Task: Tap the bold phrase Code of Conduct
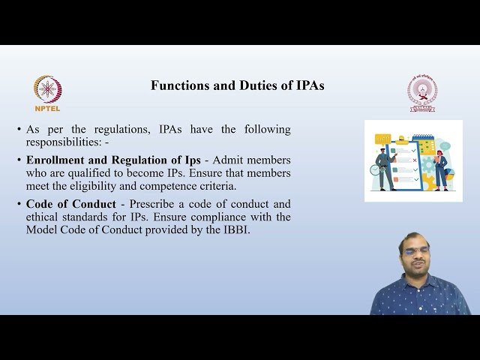[70, 204]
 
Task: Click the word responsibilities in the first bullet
[63, 142]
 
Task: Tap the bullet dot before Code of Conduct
[19, 204]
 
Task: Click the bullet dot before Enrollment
[19, 160]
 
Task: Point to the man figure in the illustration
[383, 169]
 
